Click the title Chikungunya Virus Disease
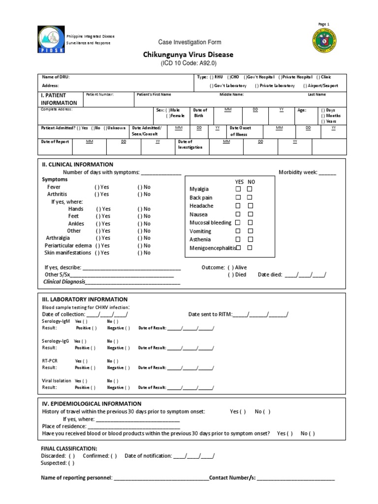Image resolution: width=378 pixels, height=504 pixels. [x=189, y=55]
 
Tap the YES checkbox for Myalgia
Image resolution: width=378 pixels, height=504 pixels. [x=238, y=189]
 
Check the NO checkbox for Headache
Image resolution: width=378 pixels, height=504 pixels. [x=250, y=206]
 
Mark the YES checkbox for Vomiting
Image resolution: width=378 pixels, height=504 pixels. [x=238, y=231]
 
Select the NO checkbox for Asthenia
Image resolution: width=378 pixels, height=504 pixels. [x=250, y=239]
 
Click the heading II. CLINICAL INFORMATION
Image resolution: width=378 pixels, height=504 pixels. [x=77, y=164]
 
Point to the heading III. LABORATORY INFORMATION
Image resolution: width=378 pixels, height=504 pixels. [x=85, y=299]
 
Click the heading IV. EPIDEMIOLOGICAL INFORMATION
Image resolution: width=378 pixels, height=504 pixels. [x=92, y=404]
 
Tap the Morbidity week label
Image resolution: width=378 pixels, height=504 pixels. [x=298, y=172]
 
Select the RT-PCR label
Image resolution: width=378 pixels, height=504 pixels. [x=50, y=361]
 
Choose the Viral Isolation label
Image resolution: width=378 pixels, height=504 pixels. [x=57, y=380]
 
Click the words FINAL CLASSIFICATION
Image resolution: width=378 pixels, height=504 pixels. [x=69, y=448]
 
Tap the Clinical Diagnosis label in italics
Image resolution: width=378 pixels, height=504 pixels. [x=64, y=282]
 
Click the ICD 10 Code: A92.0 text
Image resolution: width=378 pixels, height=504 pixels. [x=189, y=63]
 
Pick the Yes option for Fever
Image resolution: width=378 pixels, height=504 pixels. [x=102, y=187]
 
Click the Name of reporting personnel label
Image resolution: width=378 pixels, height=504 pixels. [x=76, y=477]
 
